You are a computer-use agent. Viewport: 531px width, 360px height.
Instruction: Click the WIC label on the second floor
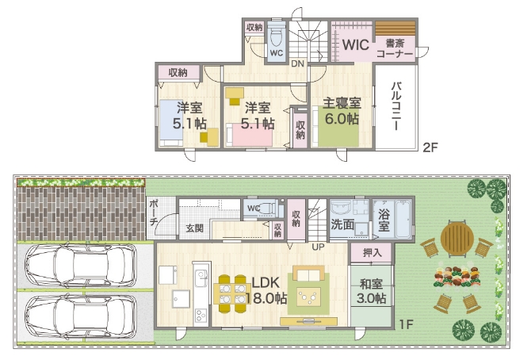pyautogui.click(x=355, y=44)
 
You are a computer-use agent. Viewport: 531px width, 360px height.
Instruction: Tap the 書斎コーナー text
pyautogui.click(x=395, y=48)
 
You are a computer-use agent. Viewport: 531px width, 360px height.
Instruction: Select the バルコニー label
pyautogui.click(x=396, y=105)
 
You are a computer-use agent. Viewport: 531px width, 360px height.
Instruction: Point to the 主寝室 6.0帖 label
pyautogui.click(x=342, y=111)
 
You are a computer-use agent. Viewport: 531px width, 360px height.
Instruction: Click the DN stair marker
pyautogui.click(x=297, y=63)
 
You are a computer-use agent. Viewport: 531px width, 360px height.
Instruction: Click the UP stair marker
pyautogui.click(x=318, y=247)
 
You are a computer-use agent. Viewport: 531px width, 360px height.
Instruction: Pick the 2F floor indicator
pyautogui.click(x=430, y=147)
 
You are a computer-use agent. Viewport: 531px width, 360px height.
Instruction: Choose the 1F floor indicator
pyautogui.click(x=406, y=324)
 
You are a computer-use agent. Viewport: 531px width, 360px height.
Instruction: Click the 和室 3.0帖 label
pyautogui.click(x=371, y=291)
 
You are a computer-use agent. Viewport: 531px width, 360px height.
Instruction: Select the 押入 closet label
pyautogui.click(x=372, y=252)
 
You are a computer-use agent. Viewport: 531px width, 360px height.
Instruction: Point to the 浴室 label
pyautogui.click(x=384, y=220)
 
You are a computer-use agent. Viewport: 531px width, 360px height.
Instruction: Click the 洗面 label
pyautogui.click(x=342, y=224)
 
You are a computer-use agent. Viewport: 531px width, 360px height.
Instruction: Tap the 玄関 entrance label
pyautogui.click(x=195, y=228)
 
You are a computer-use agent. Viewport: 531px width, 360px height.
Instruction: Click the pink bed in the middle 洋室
pyautogui.click(x=249, y=135)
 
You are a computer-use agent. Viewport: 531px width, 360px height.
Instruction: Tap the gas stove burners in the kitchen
pyautogui.click(x=201, y=316)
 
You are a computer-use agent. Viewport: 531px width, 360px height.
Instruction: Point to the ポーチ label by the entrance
pyautogui.click(x=154, y=213)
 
